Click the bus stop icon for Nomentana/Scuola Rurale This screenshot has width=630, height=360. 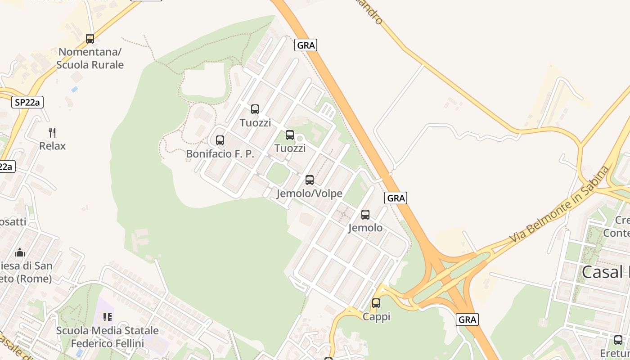pyautogui.click(x=90, y=39)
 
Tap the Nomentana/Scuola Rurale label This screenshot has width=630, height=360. pyautogui.click(x=90, y=58)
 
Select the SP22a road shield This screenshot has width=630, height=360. pyautogui.click(x=27, y=103)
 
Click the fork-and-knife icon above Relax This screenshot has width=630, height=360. pyautogui.click(x=53, y=132)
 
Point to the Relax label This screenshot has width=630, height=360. pyautogui.click(x=52, y=146)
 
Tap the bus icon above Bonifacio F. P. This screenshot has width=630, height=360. pyautogui.click(x=220, y=140)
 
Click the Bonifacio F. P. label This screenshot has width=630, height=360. pyautogui.click(x=220, y=154)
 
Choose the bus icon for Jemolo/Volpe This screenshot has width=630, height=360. pyautogui.click(x=310, y=180)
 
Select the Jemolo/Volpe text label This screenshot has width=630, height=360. pyautogui.click(x=310, y=193)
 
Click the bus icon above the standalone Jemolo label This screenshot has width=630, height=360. pyautogui.click(x=365, y=215)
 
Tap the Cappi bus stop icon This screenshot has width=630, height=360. pyautogui.click(x=376, y=303)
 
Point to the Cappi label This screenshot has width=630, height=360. pyautogui.click(x=377, y=317)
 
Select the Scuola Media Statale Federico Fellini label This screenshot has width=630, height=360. pyautogui.click(x=108, y=337)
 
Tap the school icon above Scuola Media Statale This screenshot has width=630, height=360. pyautogui.click(x=108, y=317)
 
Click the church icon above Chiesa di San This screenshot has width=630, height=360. pyautogui.click(x=20, y=252)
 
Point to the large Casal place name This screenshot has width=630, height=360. pyautogui.click(x=605, y=272)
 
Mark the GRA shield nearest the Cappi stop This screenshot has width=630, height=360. pyautogui.click(x=467, y=319)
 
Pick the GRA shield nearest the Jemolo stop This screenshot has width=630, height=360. pyautogui.click(x=396, y=198)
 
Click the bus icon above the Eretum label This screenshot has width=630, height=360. pyautogui.click(x=618, y=340)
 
